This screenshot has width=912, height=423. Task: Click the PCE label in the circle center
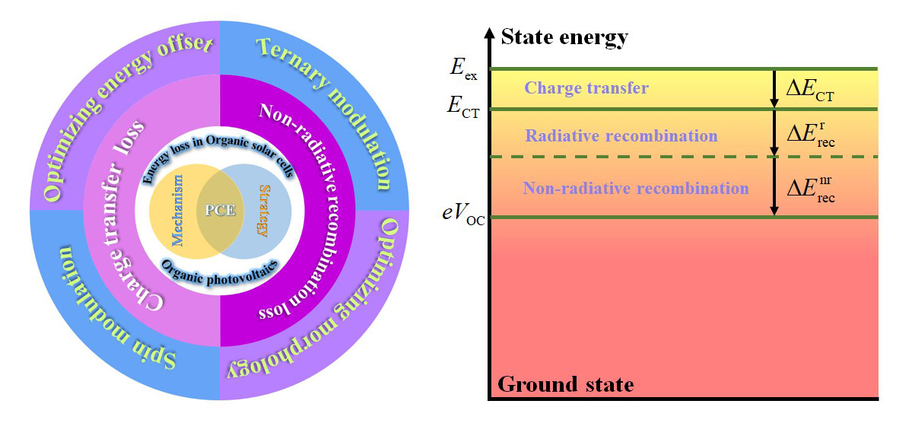(219, 208)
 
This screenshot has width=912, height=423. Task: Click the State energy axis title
(564, 37)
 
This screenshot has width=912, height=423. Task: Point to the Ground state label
(565, 384)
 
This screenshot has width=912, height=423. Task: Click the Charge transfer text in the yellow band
(586, 89)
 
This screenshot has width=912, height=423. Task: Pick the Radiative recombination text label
(621, 135)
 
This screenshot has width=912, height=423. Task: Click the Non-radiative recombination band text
(637, 188)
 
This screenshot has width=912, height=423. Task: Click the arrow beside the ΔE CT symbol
(774, 89)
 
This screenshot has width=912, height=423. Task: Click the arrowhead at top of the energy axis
(490, 34)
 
